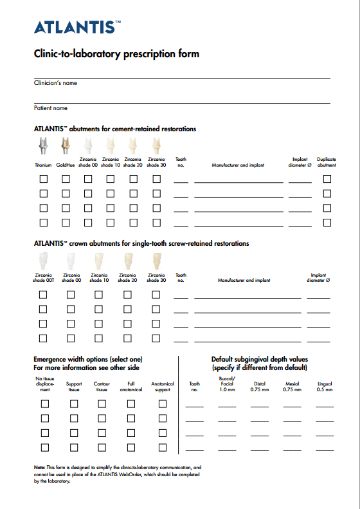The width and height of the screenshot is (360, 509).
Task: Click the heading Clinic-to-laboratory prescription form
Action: [x=116, y=54]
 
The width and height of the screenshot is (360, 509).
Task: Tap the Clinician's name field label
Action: [x=55, y=83]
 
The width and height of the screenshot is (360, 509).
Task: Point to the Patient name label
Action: [x=51, y=108]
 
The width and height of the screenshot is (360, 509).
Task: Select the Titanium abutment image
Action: [x=43, y=147]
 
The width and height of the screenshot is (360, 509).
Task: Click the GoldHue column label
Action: [x=66, y=165]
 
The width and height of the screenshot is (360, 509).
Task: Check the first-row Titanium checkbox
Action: [x=44, y=178]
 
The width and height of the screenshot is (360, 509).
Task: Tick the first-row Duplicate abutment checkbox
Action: [x=327, y=178]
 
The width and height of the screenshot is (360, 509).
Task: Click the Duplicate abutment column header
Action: [x=327, y=162]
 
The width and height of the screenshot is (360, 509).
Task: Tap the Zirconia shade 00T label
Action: [x=44, y=277]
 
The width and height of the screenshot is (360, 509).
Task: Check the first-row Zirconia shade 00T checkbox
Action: [x=44, y=294]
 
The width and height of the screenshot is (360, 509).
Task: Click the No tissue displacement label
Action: [x=45, y=384]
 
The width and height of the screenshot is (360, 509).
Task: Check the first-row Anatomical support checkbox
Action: [x=163, y=403]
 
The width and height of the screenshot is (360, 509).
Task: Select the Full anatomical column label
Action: [x=131, y=387]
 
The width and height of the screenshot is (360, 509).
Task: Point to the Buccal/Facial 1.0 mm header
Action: [x=227, y=384]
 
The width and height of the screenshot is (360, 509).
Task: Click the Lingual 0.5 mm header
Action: [x=325, y=387]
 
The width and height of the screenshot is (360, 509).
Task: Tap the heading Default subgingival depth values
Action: [x=260, y=359]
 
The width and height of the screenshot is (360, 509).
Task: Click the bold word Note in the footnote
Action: [x=39, y=467]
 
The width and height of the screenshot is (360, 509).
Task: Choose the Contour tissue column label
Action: [x=102, y=387]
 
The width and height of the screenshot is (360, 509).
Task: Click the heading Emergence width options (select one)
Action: [x=88, y=359]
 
